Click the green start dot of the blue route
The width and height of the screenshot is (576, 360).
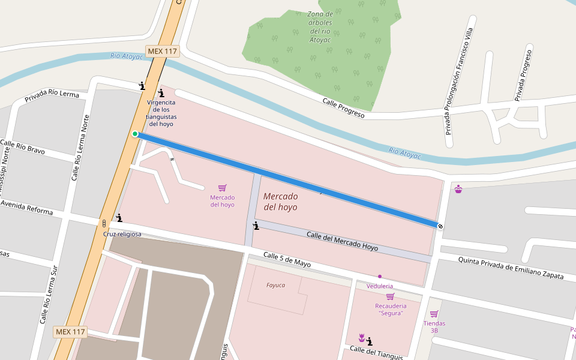point(135,134)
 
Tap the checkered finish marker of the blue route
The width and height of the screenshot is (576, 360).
point(440,226)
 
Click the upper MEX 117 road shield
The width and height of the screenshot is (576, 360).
point(162,52)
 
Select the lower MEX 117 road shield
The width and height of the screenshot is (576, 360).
point(70,332)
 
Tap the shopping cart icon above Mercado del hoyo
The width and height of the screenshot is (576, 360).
point(222,188)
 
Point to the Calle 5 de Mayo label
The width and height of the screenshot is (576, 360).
point(287,260)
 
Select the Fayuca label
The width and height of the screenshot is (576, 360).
point(275,285)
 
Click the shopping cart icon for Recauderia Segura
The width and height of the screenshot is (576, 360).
point(390,296)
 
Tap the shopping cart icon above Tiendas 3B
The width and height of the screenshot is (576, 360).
point(434,314)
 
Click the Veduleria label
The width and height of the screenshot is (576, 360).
point(380,286)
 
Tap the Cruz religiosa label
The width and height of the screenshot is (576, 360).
point(122,234)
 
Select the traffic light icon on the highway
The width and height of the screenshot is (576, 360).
point(104,223)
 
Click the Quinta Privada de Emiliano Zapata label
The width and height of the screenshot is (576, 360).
point(511,268)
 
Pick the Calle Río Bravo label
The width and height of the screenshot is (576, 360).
point(22,147)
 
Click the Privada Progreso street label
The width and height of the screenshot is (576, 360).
point(523,75)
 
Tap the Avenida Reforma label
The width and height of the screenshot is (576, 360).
point(27,207)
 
